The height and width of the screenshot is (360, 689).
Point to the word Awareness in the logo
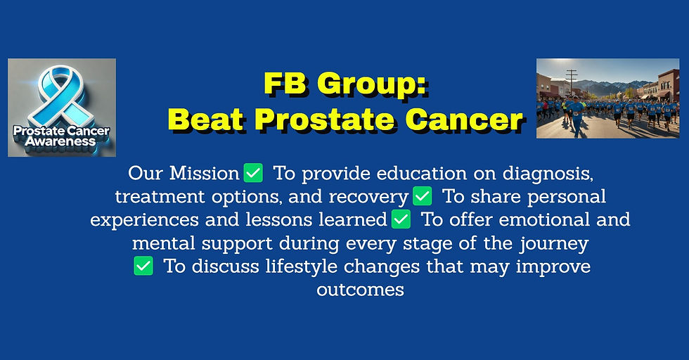tap(60, 141)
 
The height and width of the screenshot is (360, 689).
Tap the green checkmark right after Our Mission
tap(253, 172)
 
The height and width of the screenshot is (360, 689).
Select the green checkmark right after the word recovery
tap(422, 195)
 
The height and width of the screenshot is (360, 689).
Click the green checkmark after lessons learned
tap(401, 219)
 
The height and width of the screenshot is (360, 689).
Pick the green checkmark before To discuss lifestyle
tap(143, 266)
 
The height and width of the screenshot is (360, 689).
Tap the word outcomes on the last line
tap(361, 290)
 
